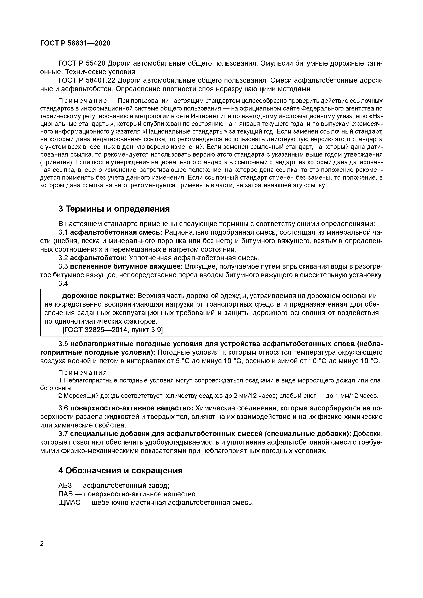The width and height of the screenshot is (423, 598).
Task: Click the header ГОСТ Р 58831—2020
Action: tap(75, 43)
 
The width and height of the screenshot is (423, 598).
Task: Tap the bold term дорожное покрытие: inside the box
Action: tap(99, 296)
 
